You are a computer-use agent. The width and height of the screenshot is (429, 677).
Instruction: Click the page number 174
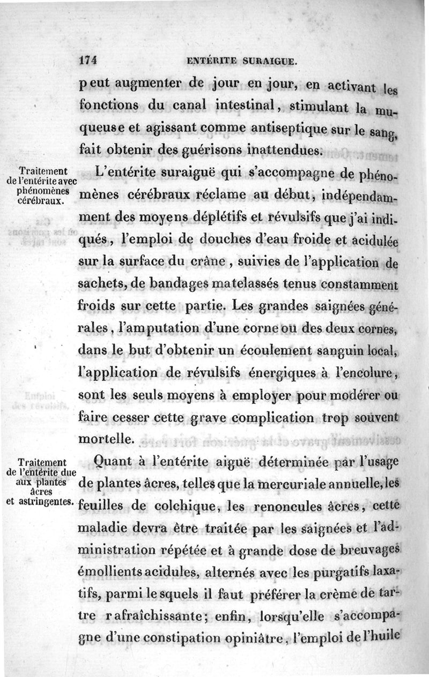pyautogui.click(x=86, y=61)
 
